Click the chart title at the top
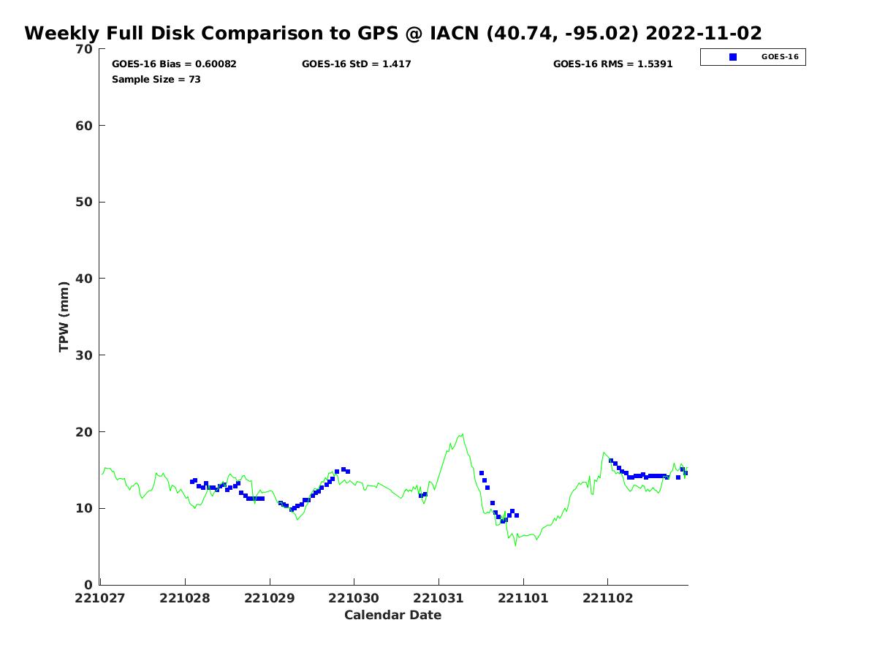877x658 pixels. tap(393, 34)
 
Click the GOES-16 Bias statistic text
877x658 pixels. tap(174, 64)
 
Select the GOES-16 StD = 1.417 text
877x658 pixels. tap(357, 64)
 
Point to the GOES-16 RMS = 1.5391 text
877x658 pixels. tap(612, 64)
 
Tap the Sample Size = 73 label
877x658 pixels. tap(156, 80)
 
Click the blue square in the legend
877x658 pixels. tap(733, 57)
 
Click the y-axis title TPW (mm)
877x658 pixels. tap(64, 317)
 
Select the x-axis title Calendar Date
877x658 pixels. tap(393, 616)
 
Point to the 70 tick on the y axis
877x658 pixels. tap(85, 50)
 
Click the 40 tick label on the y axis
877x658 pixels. tap(85, 279)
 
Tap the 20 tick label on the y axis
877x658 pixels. tap(85, 432)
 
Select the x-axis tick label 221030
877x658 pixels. tap(354, 598)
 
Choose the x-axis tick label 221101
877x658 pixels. tap(523, 598)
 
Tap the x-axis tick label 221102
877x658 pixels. tap(607, 598)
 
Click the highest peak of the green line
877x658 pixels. tap(462, 434)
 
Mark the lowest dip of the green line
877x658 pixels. tap(515, 545)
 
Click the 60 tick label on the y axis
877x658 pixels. tap(85, 126)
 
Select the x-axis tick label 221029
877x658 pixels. tap(270, 598)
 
